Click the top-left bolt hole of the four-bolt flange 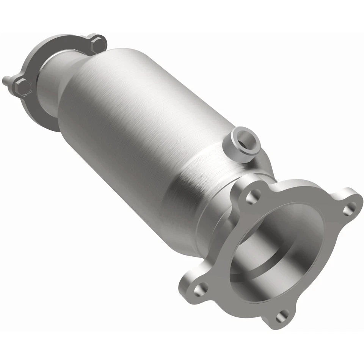coord(251,197)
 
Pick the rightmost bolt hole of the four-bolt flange coord(351,208)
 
